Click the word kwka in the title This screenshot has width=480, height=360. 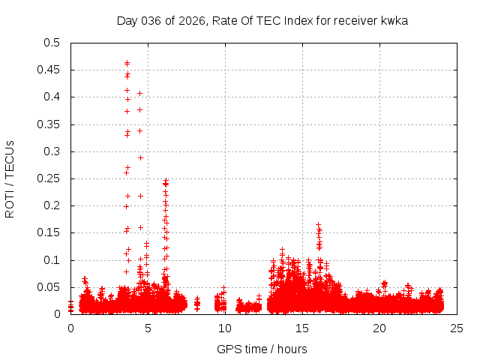tap(395, 20)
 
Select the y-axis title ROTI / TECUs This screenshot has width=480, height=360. tap(10, 178)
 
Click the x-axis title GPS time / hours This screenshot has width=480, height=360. tap(262, 349)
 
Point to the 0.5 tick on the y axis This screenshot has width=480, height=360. tap(52, 43)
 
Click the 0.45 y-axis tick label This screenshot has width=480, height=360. tap(49, 70)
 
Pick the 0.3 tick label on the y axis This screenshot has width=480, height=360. tap(52, 151)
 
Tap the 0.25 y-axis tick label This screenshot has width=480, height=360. tap(49, 178)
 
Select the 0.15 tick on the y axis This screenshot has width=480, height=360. tap(49, 232)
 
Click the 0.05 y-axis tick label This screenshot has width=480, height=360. tap(49, 287)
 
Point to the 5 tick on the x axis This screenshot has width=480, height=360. tap(148, 328)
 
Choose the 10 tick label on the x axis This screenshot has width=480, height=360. tap(225, 328)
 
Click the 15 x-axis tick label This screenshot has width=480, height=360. tap(302, 328)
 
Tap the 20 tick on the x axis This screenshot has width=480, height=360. tap(379, 328)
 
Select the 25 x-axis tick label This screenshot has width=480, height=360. tap(456, 328)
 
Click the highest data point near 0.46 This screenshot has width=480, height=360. tap(127, 63)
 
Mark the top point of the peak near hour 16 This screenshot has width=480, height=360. tap(318, 225)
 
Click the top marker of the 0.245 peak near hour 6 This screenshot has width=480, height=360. tap(165, 181)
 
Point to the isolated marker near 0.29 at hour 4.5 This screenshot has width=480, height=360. tap(140, 157)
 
